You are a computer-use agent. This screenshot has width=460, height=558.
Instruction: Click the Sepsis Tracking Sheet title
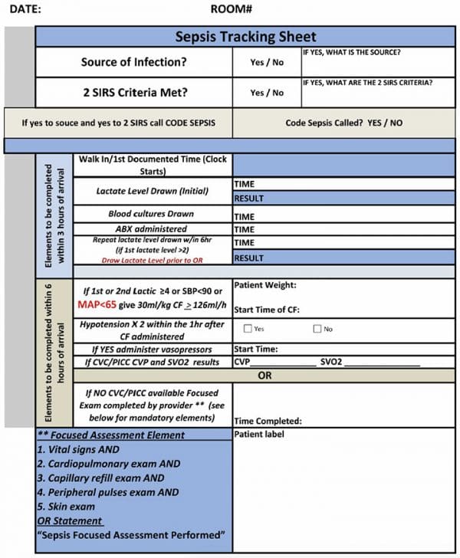(x=245, y=37)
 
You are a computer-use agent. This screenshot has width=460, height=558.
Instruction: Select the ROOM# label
(x=232, y=10)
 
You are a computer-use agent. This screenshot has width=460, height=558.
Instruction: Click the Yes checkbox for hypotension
(x=248, y=329)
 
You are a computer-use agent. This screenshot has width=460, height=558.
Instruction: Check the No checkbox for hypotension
(x=317, y=329)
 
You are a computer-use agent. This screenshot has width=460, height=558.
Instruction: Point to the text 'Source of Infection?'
(x=134, y=62)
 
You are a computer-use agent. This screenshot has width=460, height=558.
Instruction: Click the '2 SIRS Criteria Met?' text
(x=134, y=92)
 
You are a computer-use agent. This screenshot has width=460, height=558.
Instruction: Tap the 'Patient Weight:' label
(x=264, y=285)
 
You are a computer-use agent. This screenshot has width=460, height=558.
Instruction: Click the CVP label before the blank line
(x=242, y=362)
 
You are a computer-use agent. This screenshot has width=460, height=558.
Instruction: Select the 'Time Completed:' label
(x=268, y=421)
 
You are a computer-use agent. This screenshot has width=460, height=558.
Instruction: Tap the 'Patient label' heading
(x=259, y=434)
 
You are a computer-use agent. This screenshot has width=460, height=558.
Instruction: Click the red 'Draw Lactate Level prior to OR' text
(x=153, y=261)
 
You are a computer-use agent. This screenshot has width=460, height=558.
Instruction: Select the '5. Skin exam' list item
(x=67, y=507)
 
